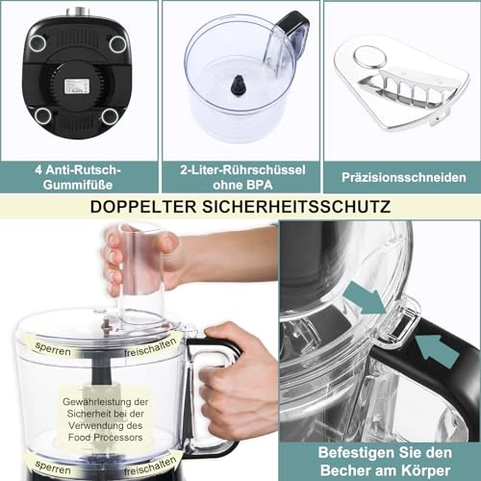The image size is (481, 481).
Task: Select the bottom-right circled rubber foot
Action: click(110, 115)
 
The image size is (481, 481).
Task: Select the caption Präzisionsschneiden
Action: click(396, 178)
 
